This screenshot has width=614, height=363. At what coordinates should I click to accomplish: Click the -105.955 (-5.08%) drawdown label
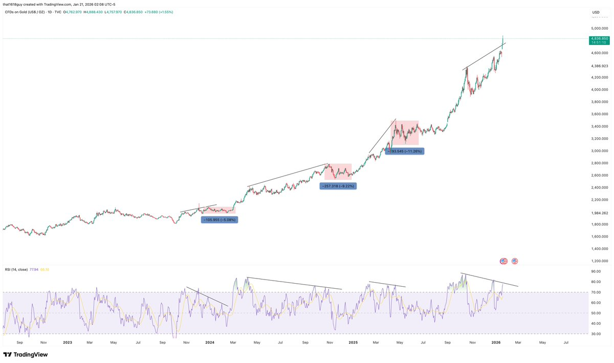[220, 219]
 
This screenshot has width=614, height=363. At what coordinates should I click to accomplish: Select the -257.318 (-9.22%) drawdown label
[338, 186]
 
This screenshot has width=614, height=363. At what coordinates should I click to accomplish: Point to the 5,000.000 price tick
[599, 28]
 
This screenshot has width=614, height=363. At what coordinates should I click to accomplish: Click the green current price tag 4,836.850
[599, 38]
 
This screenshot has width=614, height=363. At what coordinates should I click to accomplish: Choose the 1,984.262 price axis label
[599, 212]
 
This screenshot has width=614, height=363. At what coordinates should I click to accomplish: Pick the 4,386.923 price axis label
[599, 66]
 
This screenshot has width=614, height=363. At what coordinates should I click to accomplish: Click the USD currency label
[596, 12]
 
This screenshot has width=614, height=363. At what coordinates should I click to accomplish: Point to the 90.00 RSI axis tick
[596, 271]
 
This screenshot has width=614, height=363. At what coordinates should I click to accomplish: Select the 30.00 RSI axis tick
[596, 334]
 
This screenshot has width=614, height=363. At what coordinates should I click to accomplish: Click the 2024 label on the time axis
[209, 342]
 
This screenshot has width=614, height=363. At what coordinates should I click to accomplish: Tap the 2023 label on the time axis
[67, 342]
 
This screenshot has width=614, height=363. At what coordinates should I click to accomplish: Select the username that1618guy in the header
[15, 4]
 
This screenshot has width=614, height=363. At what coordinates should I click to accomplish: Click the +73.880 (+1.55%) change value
[158, 12]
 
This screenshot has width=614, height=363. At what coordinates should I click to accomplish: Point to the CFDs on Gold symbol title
[30, 12]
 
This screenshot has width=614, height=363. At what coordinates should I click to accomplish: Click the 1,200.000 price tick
[599, 261]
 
